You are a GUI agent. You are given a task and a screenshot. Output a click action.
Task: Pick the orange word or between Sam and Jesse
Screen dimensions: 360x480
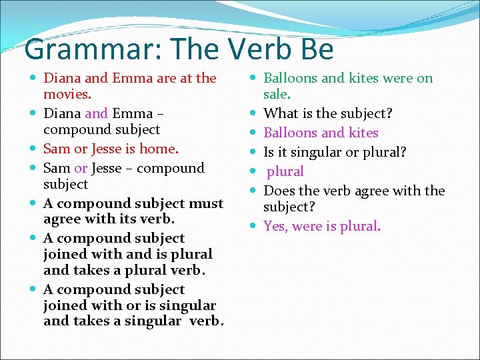81,168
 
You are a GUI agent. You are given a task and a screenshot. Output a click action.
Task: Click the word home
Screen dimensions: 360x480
160,148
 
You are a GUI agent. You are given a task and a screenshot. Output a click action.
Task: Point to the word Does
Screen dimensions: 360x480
281,191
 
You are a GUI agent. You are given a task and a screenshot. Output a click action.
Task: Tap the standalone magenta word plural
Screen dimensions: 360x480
285,171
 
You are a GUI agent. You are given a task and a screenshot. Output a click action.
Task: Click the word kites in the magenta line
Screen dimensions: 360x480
363,133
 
